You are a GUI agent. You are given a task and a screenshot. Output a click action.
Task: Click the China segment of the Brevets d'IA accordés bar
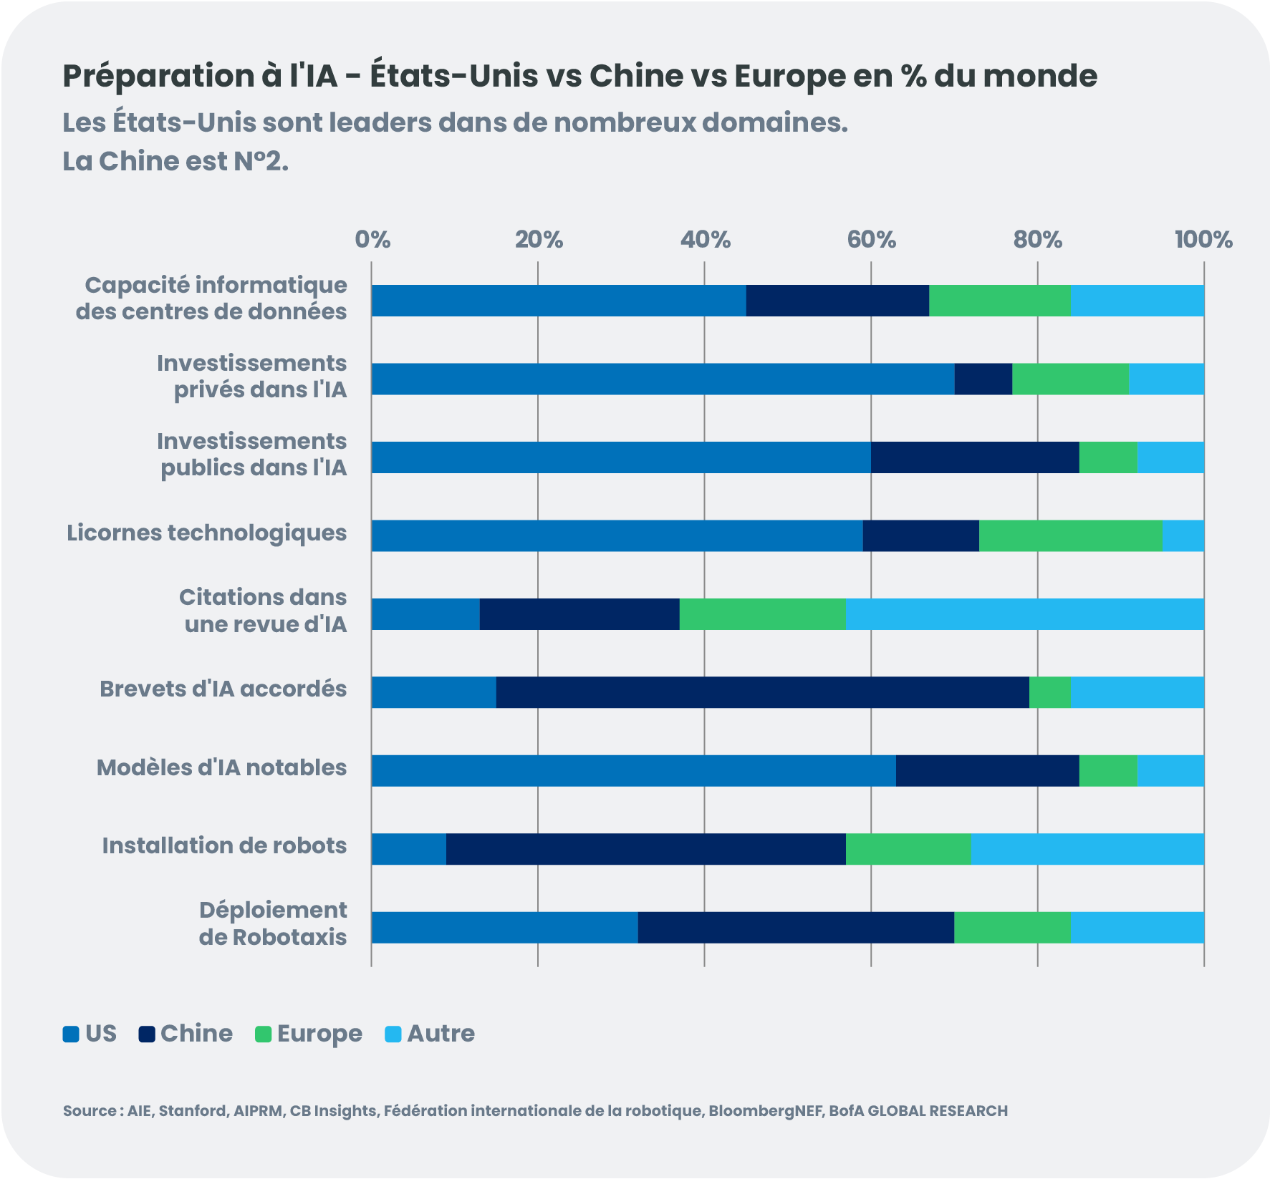762,692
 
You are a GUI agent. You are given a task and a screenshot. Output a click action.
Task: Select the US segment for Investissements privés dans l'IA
663,379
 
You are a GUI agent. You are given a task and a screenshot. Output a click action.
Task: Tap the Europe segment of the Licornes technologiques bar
1070,535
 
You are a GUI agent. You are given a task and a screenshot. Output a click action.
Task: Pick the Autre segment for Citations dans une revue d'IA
1024,614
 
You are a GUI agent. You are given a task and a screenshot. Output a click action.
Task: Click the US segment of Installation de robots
408,849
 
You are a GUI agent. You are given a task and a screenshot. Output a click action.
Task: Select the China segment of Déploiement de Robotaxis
795,928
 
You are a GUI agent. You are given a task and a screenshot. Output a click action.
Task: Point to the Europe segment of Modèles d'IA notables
1107,770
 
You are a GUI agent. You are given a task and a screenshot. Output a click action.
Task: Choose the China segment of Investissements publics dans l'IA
974,457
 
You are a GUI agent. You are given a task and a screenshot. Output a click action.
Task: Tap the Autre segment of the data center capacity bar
1137,301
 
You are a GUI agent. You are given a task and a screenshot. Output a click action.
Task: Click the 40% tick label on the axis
705,240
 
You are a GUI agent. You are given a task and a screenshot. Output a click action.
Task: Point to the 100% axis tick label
1203,240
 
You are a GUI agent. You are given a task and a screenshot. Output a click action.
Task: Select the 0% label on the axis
372,240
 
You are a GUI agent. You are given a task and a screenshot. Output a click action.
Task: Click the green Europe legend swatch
264,1034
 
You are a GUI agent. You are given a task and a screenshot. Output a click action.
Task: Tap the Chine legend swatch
147,1034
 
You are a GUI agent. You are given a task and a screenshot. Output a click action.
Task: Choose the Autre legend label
441,1034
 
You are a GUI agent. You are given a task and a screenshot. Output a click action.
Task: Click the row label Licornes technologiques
206,533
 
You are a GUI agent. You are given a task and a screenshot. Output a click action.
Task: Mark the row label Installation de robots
224,846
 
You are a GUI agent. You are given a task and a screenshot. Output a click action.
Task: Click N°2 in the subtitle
261,162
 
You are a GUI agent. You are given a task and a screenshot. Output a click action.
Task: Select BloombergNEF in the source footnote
766,1111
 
